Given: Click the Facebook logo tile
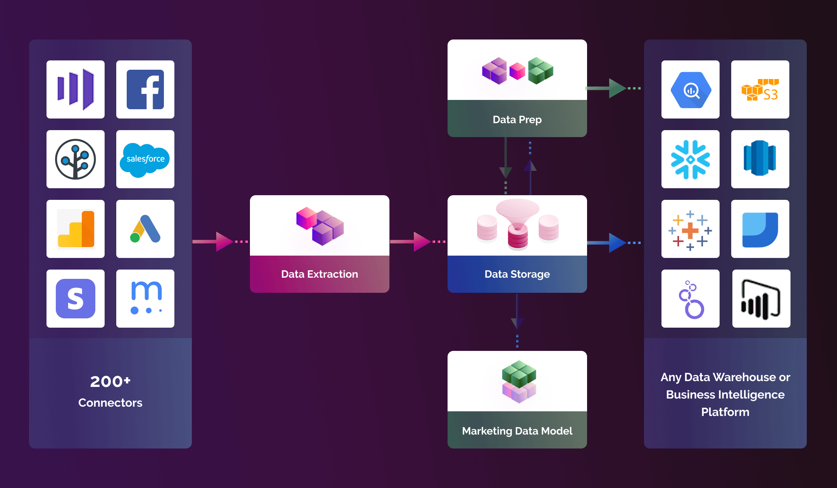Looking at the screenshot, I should pos(145,89).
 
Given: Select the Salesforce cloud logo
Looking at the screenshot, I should pos(145,159).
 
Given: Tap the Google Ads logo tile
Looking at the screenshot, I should pos(145,229).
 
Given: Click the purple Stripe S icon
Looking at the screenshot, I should pos(76,299).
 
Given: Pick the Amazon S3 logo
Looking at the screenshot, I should pos(760,89).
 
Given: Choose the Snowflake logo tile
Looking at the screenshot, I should pos(690,159).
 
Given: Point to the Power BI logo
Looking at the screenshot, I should pos(761,299).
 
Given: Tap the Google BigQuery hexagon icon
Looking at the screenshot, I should pos(691,90).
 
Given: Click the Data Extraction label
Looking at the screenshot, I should pos(319,274).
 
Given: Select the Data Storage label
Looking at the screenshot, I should pos(517,274).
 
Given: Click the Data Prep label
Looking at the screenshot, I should pos(517,120).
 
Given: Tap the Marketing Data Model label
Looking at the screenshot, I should pos(517,431).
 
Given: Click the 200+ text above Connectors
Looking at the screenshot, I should pos(110,381).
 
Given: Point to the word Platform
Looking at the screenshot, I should pos(725,412).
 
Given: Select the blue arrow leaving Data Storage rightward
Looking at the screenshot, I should pos(614,243).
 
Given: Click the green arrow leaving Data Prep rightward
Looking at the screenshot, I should pos(614,88).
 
